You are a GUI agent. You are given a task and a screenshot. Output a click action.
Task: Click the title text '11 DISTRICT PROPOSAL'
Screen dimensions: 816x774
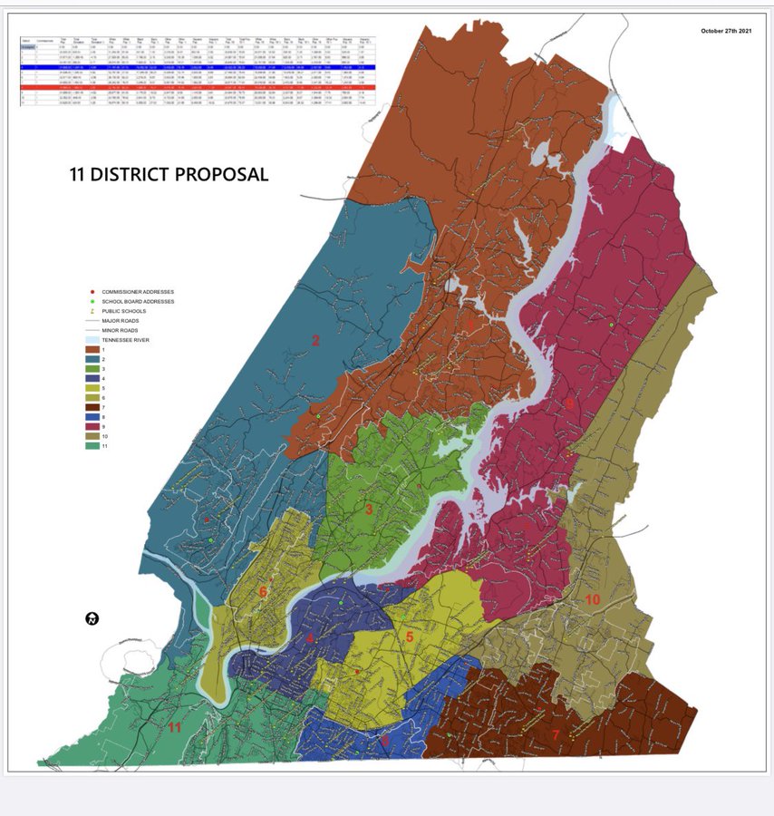(x=169, y=174)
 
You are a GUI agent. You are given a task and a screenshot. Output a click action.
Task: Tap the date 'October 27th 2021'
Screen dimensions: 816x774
(x=728, y=31)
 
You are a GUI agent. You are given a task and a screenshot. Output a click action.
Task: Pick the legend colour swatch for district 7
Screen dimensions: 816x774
(x=92, y=408)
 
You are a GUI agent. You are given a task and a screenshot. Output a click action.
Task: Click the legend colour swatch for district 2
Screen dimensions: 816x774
(x=92, y=360)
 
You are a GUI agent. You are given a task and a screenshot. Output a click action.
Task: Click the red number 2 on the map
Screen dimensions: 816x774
(x=316, y=341)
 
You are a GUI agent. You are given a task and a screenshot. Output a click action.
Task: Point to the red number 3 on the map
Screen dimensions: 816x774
(x=369, y=510)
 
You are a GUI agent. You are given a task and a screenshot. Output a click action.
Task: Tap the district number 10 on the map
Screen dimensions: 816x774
(x=592, y=600)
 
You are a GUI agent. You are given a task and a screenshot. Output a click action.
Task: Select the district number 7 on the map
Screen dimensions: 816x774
(x=556, y=734)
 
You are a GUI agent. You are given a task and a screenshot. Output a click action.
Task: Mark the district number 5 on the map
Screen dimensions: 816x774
(x=410, y=637)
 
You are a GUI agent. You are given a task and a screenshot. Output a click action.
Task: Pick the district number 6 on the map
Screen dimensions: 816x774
(x=263, y=591)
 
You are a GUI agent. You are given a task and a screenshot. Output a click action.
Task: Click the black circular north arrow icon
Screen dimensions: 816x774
(x=92, y=619)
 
